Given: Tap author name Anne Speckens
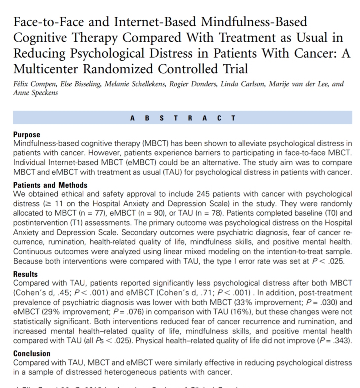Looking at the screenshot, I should [35, 92].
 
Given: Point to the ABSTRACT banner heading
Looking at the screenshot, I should [183, 118].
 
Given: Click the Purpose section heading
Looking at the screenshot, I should [26, 135].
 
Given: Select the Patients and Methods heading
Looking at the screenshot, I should [50, 185].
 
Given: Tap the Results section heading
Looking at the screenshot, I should [25, 274].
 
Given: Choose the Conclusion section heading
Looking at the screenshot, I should [32, 354].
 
